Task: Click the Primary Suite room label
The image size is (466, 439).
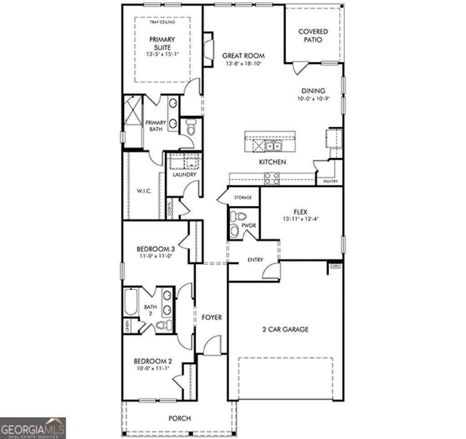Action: pos(162,43)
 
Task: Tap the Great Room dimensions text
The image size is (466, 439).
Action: pos(243,64)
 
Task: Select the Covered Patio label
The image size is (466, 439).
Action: pos(313,35)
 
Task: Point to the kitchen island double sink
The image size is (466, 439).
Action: pos(274,146)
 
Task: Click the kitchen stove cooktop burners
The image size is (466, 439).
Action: pos(272,179)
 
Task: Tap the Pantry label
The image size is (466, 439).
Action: pos(330,181)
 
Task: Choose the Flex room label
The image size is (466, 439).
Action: pos(300,212)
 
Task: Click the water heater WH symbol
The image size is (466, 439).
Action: pos(335,266)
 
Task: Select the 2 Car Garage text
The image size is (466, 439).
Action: pos(285,329)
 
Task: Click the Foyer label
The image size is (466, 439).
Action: pos(212,317)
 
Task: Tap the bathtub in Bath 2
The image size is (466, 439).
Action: pos(131,302)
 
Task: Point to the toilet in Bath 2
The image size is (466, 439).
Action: pos(163,325)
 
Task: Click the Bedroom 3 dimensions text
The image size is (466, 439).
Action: pos(156,256)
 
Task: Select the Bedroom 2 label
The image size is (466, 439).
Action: pos(152,361)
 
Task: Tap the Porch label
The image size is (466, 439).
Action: pos(179,418)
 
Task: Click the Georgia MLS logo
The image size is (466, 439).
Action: pos(33,428)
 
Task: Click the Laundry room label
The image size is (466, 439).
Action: pos(184,175)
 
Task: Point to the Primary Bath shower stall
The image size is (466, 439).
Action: pos(132,110)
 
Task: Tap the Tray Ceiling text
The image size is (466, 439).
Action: pos(162,22)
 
